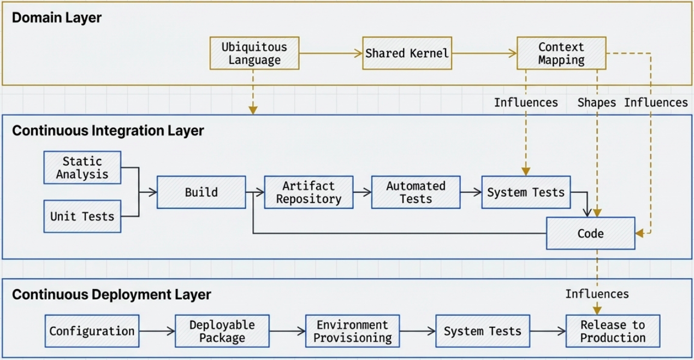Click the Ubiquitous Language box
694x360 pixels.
pos(254,54)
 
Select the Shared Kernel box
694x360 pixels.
pos(407,54)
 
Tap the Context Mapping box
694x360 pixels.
pos(561,54)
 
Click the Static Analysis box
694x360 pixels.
pos(82,168)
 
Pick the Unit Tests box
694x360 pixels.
pos(82,216)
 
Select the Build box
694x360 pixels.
pos(201,192)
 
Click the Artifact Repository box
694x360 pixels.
pos(309,192)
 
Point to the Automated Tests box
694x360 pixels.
pos(416,192)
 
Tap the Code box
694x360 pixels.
pos(591,234)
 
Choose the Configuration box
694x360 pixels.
pos(92,331)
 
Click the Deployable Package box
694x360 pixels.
pos(222,331)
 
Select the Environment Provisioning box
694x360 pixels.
pos(352,331)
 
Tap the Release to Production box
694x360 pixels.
pos(613,331)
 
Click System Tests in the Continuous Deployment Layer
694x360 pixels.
pos(482,331)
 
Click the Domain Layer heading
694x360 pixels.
pos(57,17)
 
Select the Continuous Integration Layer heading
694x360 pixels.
pos(108,131)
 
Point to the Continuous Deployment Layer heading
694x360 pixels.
pos(111,295)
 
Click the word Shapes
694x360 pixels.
pos(596,103)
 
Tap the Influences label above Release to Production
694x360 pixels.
pos(597,294)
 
